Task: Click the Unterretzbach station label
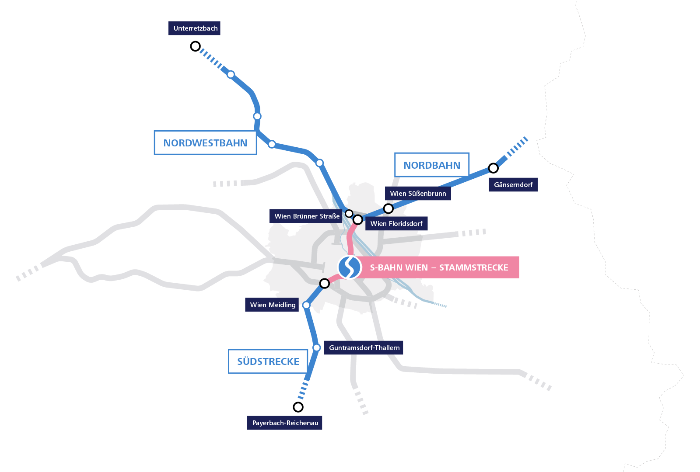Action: (195, 28)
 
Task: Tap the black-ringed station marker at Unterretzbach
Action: (196, 46)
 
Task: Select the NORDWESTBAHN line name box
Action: (205, 143)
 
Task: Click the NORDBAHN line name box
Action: (432, 165)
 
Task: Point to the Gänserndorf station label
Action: (513, 185)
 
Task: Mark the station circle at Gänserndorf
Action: (493, 168)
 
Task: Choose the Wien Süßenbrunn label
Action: (418, 194)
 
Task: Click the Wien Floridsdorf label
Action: (396, 224)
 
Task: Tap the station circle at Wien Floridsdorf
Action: (358, 220)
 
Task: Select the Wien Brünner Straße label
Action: (307, 216)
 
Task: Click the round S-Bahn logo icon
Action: (350, 267)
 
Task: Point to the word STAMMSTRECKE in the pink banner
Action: (474, 267)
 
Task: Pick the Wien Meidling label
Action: (273, 305)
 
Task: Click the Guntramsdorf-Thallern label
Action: (364, 348)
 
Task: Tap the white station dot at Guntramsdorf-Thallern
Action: (317, 348)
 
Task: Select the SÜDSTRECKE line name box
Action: (268, 361)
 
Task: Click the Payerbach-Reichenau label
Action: (285, 423)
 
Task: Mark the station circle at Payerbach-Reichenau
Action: (298, 407)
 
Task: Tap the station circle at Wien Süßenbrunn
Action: (388, 208)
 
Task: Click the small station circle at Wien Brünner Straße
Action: (349, 214)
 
